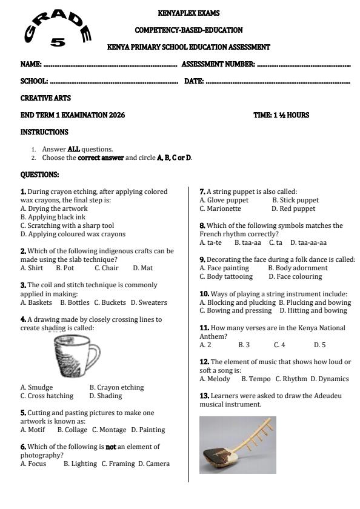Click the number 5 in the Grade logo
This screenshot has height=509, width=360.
[x=58, y=42]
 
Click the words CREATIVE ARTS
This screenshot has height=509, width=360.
[x=45, y=98]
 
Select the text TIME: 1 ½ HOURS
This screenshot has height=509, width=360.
[x=281, y=115]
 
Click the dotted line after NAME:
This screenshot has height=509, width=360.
[x=110, y=64]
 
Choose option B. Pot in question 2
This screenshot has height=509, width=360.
[x=65, y=268]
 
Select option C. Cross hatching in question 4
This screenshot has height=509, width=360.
[x=47, y=396]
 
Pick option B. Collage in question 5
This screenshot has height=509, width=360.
[x=72, y=430]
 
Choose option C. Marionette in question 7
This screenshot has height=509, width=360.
[x=220, y=208]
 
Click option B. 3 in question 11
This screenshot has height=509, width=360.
[x=244, y=345]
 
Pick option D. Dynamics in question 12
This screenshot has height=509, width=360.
[x=330, y=379]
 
